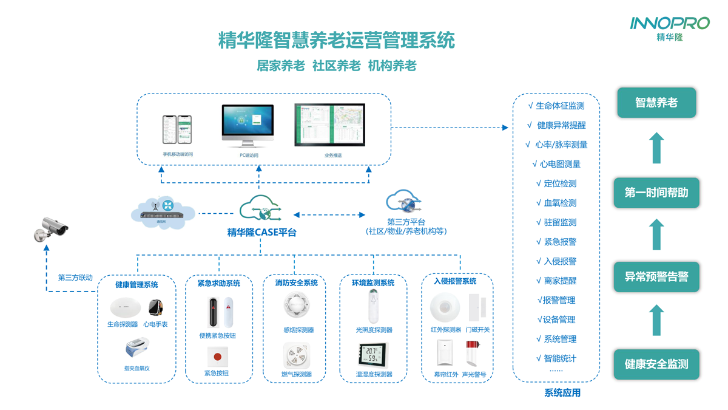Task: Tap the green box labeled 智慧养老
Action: [x=656, y=103]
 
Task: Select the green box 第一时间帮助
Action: [x=656, y=193]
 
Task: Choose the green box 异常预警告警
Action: [x=656, y=277]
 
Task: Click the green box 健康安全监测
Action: [x=656, y=364]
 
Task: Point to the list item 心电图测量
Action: [x=556, y=164]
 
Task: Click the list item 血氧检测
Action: [x=556, y=203]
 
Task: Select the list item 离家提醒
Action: [x=556, y=281]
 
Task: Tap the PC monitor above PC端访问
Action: [x=248, y=125]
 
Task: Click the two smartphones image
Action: [x=177, y=129]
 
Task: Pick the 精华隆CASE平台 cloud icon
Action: [x=261, y=209]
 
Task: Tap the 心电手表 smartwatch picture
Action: [x=156, y=307]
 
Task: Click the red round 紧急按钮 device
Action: [x=217, y=355]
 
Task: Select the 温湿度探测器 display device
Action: [x=373, y=354]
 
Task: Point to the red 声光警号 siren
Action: [x=471, y=352]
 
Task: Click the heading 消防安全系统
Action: [x=296, y=283]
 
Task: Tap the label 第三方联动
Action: [x=75, y=278]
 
